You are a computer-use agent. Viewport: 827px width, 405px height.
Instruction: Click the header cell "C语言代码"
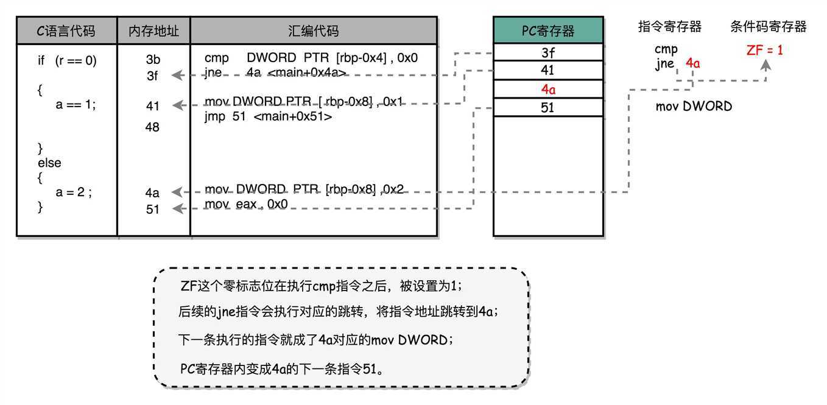67,31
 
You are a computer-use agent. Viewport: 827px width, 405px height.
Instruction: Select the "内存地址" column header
153,31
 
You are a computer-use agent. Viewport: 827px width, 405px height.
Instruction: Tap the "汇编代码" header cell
314,31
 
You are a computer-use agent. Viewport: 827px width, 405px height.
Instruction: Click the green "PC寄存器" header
548,31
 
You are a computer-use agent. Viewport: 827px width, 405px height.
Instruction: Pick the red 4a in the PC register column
548,90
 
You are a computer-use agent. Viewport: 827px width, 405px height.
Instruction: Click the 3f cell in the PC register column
548,53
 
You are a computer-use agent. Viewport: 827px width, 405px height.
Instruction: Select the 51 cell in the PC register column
548,108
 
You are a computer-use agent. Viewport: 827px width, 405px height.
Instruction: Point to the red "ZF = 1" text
765,51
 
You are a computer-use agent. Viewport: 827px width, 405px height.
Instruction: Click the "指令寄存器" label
670,27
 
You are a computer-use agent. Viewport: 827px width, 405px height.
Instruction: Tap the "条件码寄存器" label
769,27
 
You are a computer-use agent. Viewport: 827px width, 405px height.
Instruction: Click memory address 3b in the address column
153,60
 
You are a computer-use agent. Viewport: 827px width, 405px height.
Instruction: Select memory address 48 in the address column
153,127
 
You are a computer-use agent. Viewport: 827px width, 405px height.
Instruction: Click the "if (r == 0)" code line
67,61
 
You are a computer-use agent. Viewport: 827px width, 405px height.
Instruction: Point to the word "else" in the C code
49,163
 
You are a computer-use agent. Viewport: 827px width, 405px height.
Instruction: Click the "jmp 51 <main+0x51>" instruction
269,116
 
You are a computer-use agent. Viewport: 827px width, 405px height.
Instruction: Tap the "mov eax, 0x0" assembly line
246,204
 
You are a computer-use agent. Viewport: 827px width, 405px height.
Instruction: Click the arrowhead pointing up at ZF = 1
765,64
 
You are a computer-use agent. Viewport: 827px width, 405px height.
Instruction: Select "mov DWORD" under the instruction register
694,107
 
